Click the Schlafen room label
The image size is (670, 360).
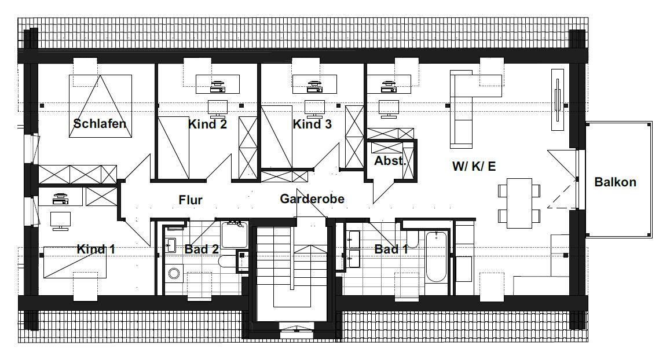click(100, 124)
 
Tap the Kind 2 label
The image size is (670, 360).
click(207, 124)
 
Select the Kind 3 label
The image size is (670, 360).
click(312, 124)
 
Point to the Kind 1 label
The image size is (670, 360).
click(96, 249)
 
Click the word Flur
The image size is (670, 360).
click(191, 200)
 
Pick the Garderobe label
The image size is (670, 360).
click(312, 199)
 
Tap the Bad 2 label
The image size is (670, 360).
click(202, 249)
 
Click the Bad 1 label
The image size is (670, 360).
click(391, 249)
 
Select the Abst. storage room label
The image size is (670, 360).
click(390, 161)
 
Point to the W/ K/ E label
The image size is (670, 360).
click(474, 166)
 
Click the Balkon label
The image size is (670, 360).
click(616, 182)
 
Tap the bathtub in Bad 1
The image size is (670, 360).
click(436, 256)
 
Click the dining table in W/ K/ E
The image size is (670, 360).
click(519, 203)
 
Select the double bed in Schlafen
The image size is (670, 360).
click(100, 106)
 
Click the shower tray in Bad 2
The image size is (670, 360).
click(234, 234)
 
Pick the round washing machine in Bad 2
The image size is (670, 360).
click(174, 273)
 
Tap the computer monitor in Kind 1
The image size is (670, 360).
click(60, 221)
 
